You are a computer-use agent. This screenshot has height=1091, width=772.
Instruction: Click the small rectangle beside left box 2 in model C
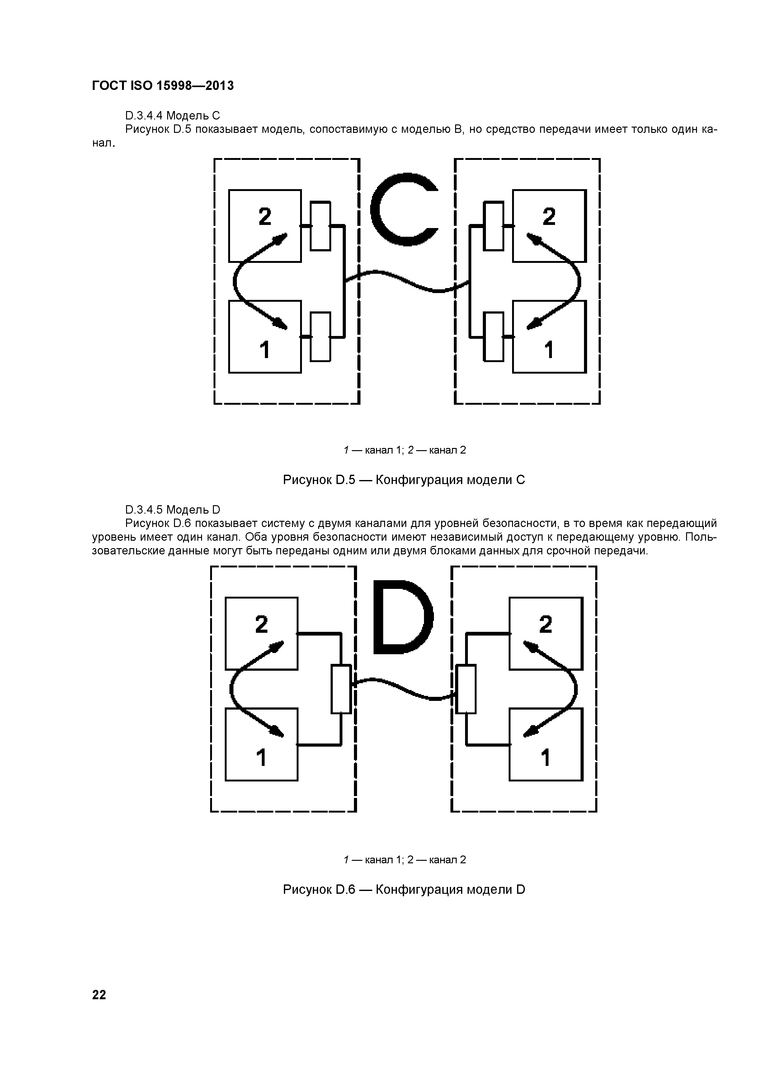coord(320,226)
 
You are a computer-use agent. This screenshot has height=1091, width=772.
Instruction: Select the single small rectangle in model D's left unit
coord(341,689)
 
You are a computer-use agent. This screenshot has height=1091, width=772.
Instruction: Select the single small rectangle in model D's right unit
coord(466,689)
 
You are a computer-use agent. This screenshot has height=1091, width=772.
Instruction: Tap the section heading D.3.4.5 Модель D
coord(172,510)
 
